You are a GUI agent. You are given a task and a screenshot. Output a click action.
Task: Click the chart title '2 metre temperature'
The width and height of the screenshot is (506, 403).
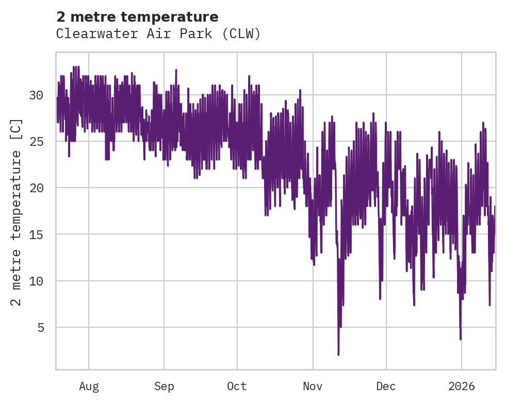pos(137,17)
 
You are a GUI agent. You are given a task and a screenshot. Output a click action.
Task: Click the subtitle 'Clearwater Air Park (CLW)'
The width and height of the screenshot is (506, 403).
pos(158,34)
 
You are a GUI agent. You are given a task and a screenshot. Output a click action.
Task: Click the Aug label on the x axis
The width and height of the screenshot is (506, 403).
pos(89,387)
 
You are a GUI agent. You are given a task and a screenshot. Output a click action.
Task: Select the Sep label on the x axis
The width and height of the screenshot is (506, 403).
pos(164,387)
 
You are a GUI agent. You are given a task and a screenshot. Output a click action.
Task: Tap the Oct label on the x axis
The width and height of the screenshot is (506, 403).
pos(237,387)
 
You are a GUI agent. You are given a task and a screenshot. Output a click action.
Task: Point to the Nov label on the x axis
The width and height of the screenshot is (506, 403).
pos(313,387)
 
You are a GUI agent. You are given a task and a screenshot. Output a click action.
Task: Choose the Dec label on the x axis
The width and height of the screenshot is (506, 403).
pos(386,387)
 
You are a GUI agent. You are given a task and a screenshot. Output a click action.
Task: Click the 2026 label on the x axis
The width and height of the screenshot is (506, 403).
pos(462,387)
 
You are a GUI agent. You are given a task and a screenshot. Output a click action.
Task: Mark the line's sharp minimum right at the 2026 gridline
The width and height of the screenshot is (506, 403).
pos(461,339)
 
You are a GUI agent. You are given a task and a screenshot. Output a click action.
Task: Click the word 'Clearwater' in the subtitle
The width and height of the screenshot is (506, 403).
pos(87,34)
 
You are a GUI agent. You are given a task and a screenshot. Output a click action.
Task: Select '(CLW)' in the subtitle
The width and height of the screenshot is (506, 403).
pos(245,34)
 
